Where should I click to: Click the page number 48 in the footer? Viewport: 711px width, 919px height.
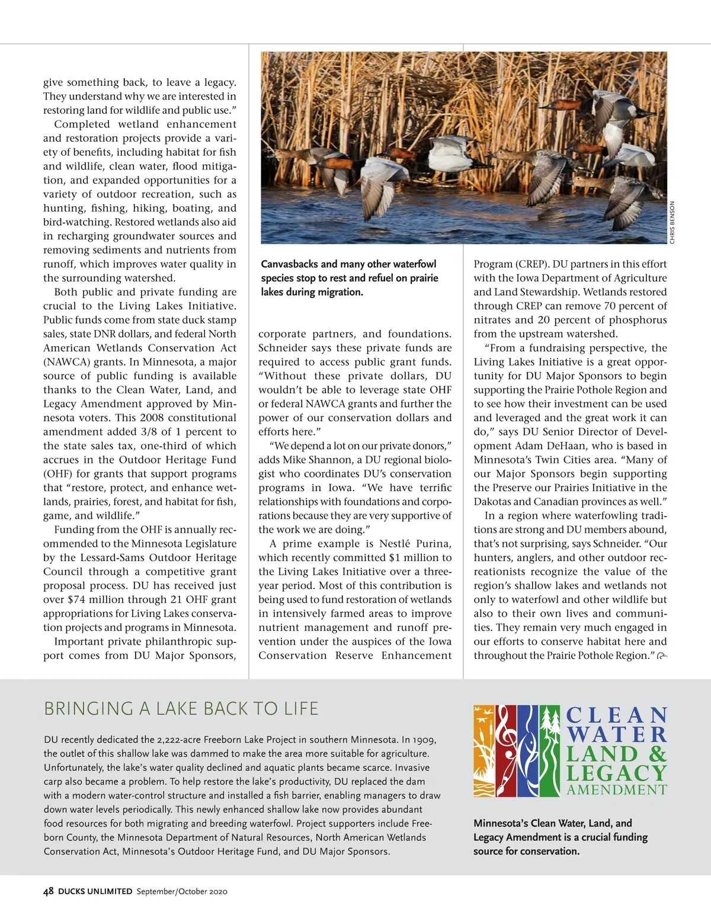pos(49,891)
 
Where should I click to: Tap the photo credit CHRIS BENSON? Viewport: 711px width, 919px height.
pos(672,222)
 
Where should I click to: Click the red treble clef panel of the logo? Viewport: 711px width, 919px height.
pos(505,750)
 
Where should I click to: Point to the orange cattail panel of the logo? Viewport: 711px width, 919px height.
pos(482,750)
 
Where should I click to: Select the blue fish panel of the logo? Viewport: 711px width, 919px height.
pos(527,750)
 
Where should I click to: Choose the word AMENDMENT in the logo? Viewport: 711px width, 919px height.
pos(617,790)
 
